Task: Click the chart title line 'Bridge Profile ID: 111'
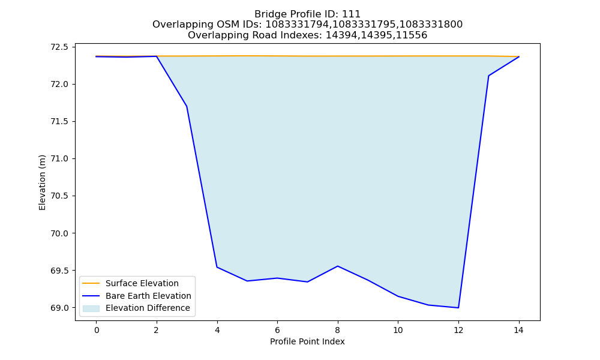(x=307, y=14)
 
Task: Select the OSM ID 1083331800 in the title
(x=431, y=25)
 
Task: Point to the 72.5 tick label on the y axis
(x=59, y=47)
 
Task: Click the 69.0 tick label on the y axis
(x=59, y=308)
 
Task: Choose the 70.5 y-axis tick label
(x=59, y=196)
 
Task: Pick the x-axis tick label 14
(x=518, y=330)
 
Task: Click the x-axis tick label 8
(x=337, y=330)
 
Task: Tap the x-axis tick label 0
(x=97, y=330)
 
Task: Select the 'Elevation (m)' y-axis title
(x=42, y=182)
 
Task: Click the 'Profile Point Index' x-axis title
(x=307, y=341)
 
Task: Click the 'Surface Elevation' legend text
(x=142, y=283)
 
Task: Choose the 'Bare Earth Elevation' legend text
(x=148, y=296)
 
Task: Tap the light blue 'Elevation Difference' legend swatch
(x=91, y=308)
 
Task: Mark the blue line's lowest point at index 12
(x=458, y=308)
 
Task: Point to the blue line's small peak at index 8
(x=337, y=266)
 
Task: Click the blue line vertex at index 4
(x=217, y=267)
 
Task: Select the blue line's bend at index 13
(x=488, y=76)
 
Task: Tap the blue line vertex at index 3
(x=187, y=106)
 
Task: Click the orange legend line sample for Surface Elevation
(x=91, y=283)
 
